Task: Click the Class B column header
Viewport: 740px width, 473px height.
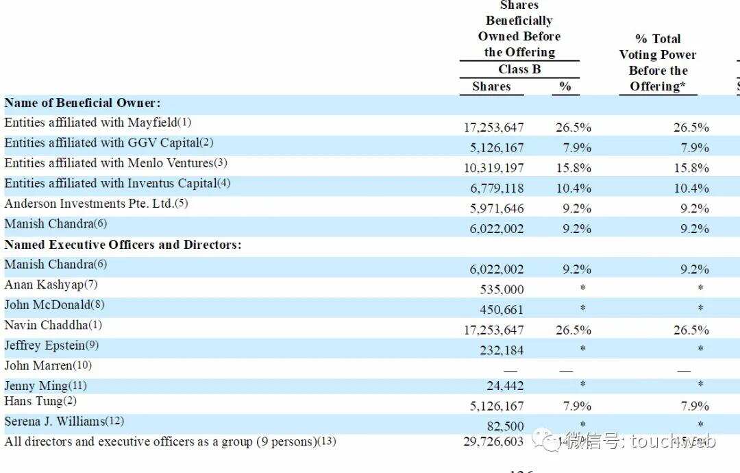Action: [x=519, y=69]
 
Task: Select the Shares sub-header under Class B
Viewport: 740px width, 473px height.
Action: [x=491, y=86]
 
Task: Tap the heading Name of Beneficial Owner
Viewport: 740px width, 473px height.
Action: [x=82, y=103]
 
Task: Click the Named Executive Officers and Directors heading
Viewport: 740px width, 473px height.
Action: [x=123, y=245]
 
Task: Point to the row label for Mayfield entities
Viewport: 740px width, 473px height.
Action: [x=97, y=123]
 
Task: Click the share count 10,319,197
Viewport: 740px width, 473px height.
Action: [x=493, y=168]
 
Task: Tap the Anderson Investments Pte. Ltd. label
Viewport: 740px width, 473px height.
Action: [x=96, y=204]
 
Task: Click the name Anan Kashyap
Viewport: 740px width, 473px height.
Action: [x=51, y=284]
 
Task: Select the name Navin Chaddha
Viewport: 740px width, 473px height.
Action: [x=53, y=325]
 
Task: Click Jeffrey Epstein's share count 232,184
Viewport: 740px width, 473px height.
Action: [x=500, y=350]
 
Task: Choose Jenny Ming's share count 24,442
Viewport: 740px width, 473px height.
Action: [x=506, y=386]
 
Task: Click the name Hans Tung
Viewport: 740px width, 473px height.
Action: [x=40, y=401]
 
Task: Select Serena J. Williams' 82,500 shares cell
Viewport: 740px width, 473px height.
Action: [x=506, y=426]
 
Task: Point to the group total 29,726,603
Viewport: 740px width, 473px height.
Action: [x=493, y=442]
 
